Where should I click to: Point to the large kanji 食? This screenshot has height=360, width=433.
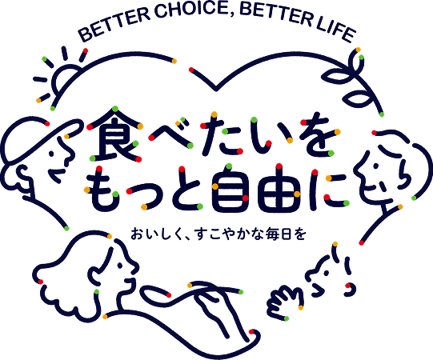tap(115, 134)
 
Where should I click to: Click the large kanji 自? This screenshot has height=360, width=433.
tap(230, 189)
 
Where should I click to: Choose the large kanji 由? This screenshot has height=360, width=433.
tap(279, 189)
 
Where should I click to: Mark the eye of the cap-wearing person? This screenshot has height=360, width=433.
tap(51, 153)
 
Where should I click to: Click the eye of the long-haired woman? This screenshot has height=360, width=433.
tap(120, 265)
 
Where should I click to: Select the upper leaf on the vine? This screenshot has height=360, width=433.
tap(338, 77)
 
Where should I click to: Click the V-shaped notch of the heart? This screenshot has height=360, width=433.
tap(216, 89)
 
